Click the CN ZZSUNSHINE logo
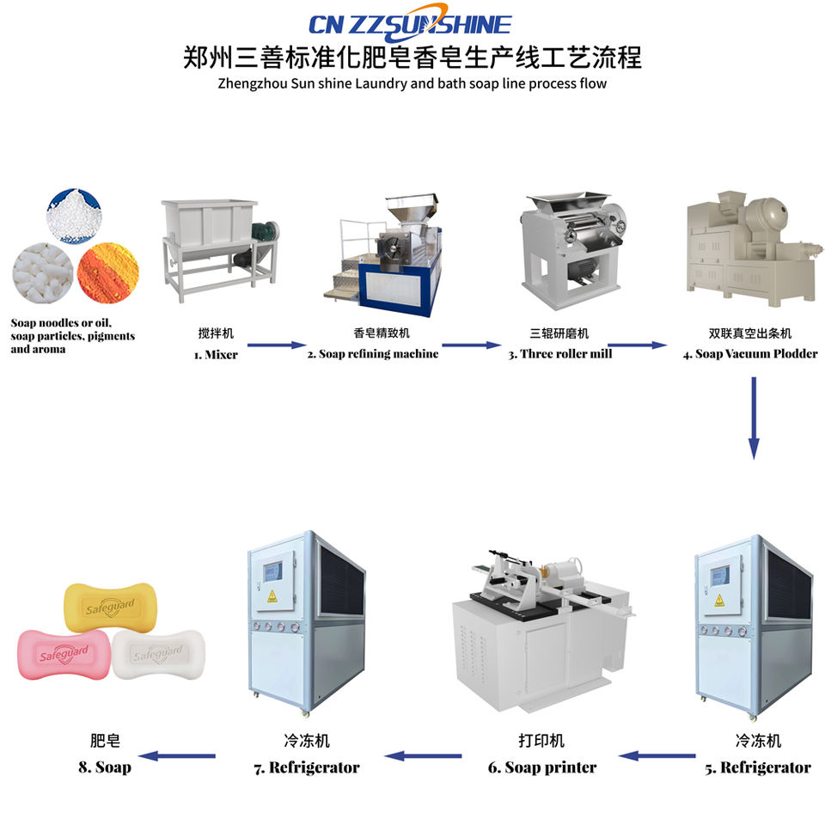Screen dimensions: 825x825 tap(412, 24)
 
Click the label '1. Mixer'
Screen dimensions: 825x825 tap(216, 354)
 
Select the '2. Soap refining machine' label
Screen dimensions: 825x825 tap(373, 354)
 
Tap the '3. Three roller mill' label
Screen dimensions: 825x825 tap(559, 354)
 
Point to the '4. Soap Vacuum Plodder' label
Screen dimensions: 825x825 tap(750, 354)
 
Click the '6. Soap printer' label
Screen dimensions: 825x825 tap(542, 767)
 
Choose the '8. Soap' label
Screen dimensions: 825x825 tap(105, 767)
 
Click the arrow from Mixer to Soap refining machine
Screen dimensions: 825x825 tap(272, 345)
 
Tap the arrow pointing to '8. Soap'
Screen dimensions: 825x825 tap(178, 756)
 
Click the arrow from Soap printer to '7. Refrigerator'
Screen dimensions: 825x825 tap(423, 756)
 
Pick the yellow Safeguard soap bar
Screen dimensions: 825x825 tap(111, 607)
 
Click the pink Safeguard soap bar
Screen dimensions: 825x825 tap(63, 654)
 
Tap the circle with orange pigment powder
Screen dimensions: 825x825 tap(107, 274)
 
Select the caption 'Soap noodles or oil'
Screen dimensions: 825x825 tap(60, 323)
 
